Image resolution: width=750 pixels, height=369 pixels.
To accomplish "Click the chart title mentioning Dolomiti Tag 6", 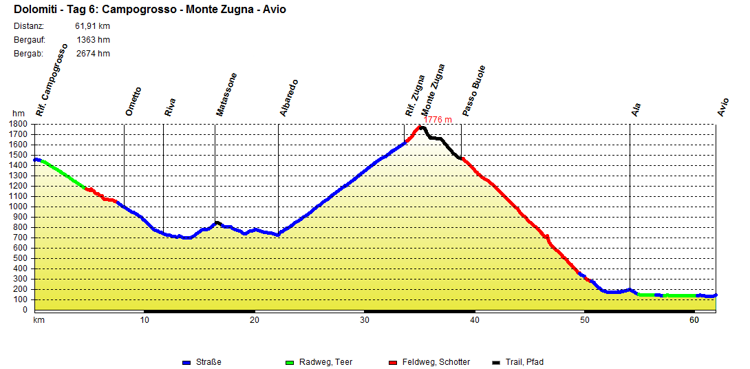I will point(149,10).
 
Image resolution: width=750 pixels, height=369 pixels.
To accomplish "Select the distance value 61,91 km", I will point(92,26).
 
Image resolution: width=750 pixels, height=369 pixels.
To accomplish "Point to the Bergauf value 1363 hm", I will point(93,40).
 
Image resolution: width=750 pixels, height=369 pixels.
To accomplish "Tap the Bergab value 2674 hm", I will point(93,54).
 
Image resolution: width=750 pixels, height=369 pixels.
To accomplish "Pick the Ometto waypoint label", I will point(133,101).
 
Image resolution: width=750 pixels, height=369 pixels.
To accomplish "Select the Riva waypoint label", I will point(169,107).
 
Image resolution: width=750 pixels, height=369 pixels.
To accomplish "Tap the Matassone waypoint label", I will point(226,94).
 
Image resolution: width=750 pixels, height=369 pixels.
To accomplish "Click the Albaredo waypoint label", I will point(288,98).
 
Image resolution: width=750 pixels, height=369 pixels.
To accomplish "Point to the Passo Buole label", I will point(473,91).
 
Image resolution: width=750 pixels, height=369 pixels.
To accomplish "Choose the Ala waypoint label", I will point(636,109).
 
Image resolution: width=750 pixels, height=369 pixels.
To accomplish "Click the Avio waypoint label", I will point(722,107).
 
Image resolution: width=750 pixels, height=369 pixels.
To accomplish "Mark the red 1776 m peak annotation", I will point(438,120).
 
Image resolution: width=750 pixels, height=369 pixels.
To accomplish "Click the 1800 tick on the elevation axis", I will point(19,124).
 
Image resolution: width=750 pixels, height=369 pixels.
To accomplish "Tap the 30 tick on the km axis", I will point(365,320).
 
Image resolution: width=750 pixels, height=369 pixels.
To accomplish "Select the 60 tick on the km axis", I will point(694,320).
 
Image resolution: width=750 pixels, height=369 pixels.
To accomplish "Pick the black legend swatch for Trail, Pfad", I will point(497,362).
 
